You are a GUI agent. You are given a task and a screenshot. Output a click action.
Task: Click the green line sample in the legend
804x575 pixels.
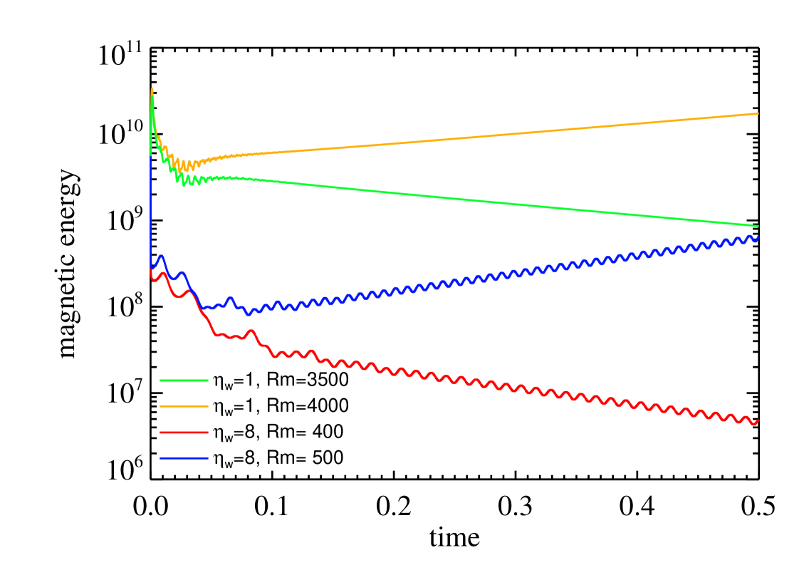coord(184,380)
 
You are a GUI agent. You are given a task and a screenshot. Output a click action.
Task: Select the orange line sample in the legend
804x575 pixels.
coord(184,406)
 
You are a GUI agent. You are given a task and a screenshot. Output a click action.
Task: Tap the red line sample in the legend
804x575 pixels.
coord(184,432)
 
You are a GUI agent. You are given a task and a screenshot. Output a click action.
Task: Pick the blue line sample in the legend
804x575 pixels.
coord(184,458)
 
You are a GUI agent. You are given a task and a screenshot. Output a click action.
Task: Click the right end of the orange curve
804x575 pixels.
coord(758,113)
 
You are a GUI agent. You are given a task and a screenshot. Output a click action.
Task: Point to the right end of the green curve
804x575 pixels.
coord(758,226)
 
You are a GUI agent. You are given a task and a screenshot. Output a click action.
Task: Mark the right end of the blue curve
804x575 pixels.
coord(758,237)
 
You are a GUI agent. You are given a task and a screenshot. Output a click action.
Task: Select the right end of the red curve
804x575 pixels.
coord(758,420)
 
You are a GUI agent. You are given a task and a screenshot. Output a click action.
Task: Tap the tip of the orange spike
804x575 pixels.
coord(152,89)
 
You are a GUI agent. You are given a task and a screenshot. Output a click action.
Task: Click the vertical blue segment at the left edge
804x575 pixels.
coord(150,214)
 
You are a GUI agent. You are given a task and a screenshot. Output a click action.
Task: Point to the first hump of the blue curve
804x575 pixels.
coord(162,256)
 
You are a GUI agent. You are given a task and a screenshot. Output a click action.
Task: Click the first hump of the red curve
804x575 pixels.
coord(164,273)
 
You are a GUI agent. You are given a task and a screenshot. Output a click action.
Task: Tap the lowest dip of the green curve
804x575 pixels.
coord(184,185)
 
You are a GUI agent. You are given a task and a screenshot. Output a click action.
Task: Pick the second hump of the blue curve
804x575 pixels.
coord(182,272)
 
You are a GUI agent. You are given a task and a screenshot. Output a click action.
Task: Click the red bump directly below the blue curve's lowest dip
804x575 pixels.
coord(250,331)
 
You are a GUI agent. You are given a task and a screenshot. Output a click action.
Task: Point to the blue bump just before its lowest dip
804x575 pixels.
coord(230,299)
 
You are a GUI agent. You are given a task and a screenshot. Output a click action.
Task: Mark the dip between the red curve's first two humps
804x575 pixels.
coord(178,296)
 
